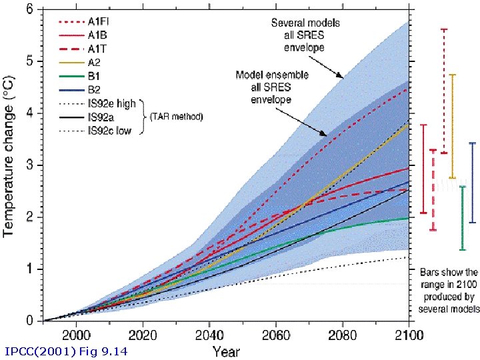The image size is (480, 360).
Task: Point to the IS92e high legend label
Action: [112, 104]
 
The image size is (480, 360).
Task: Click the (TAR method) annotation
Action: [177, 117]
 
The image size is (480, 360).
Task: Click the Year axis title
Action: [226, 350]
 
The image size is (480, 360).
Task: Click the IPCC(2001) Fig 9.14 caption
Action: [65, 351]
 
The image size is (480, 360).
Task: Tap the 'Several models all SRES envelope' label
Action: [305, 35]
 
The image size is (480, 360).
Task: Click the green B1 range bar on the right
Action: [462, 218]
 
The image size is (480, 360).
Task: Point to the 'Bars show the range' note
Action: [449, 291]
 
